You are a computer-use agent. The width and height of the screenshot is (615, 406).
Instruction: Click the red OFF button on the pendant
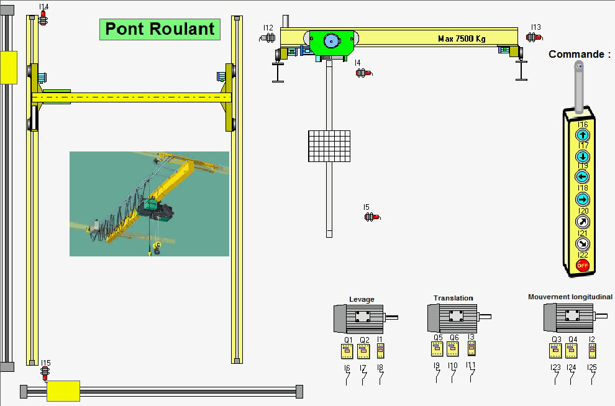[x=583, y=266]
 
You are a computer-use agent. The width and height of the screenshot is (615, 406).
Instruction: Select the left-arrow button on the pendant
[x=583, y=177]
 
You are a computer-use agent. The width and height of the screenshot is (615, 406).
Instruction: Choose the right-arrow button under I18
[x=583, y=199]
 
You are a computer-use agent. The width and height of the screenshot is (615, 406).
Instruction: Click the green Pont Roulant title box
[x=160, y=29]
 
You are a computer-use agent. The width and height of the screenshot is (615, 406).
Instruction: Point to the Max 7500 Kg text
[x=462, y=38]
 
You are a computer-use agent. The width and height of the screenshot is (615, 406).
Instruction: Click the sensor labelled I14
[x=43, y=19]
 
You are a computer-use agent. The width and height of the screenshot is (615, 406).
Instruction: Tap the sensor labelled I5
[x=371, y=217]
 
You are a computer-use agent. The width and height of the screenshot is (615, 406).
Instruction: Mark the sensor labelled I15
[x=45, y=373]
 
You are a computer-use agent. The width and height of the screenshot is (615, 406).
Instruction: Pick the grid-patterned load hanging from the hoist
[x=329, y=146]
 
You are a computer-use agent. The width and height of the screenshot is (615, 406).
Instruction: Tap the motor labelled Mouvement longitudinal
[x=567, y=317]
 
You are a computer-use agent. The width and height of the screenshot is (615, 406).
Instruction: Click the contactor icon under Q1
[x=347, y=352]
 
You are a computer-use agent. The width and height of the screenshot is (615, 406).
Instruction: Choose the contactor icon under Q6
[x=454, y=350]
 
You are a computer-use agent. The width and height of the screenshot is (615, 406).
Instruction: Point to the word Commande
[x=579, y=54]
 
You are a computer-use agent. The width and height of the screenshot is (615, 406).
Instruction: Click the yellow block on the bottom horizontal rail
[x=63, y=390]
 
